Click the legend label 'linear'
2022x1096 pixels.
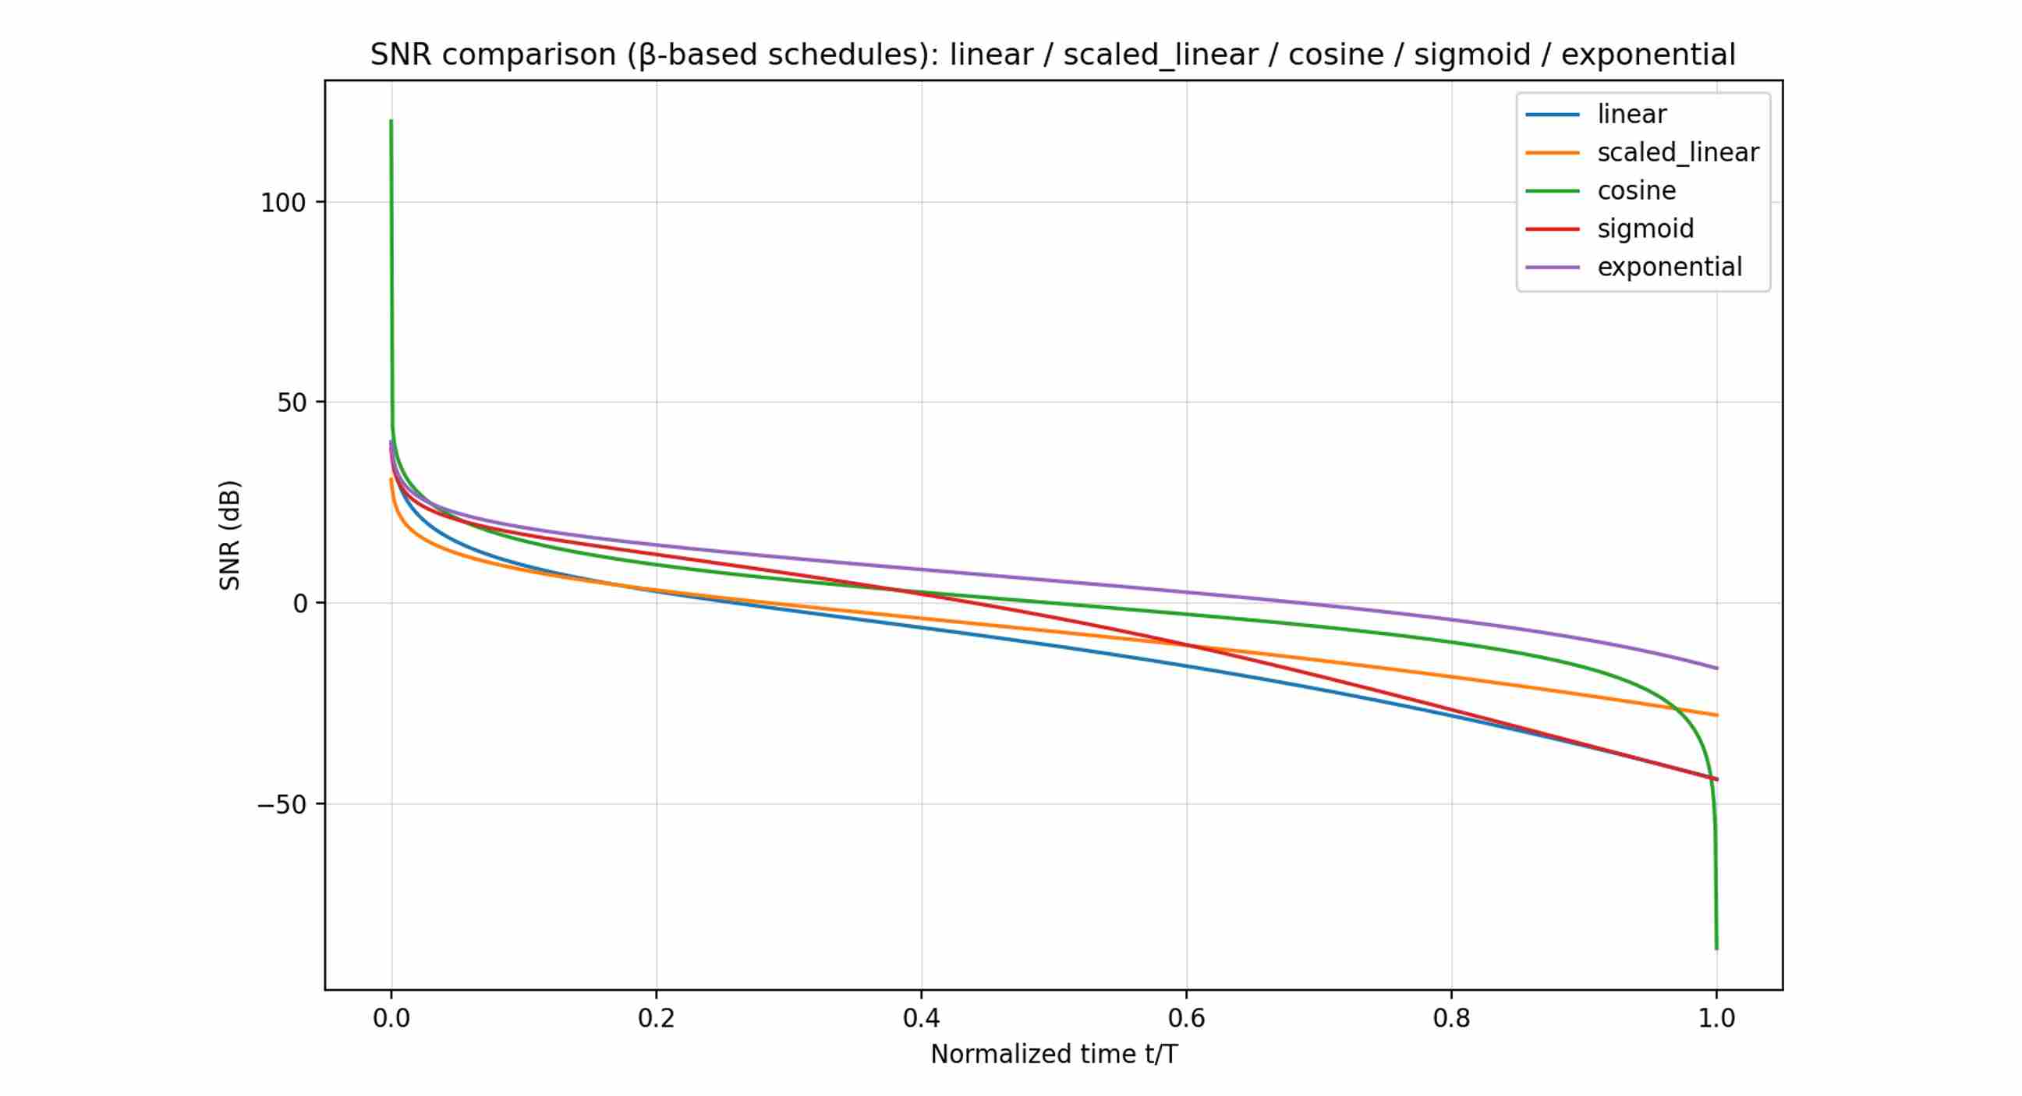pyautogui.click(x=1631, y=115)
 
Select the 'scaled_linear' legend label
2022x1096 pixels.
pyautogui.click(x=1677, y=152)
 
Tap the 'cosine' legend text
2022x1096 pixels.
pyautogui.click(x=1636, y=191)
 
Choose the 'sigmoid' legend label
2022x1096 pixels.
pyautogui.click(x=1645, y=229)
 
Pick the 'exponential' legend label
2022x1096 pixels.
pyautogui.click(x=1669, y=267)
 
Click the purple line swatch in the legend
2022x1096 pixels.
pyautogui.click(x=1552, y=268)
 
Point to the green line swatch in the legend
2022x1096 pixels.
pyautogui.click(x=1552, y=191)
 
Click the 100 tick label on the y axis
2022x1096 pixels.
pyautogui.click(x=282, y=203)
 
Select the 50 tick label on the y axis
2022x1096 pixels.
pyautogui.click(x=290, y=403)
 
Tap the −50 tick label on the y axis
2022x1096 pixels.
pyautogui.click(x=281, y=805)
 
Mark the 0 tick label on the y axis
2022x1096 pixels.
pyautogui.click(x=300, y=604)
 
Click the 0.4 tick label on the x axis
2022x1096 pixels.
pyautogui.click(x=921, y=1018)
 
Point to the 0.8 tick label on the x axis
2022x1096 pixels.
pyautogui.click(x=1450, y=1018)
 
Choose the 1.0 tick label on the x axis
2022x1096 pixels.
pyautogui.click(x=1716, y=1018)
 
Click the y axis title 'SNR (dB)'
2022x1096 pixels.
pyautogui.click(x=229, y=534)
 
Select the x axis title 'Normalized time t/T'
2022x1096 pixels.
pyautogui.click(x=1053, y=1055)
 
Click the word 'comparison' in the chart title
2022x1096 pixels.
pyautogui.click(x=528, y=55)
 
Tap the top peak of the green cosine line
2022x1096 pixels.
pyautogui.click(x=391, y=121)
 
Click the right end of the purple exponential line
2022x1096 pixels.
pyautogui.click(x=1716, y=668)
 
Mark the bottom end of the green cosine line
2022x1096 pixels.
pyautogui.click(x=1716, y=949)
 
